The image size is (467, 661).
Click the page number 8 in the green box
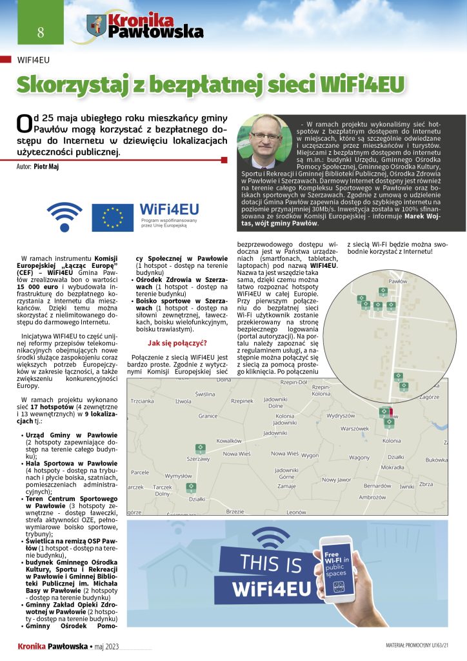click(x=23, y=32)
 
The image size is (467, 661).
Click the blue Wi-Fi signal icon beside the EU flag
click(x=66, y=216)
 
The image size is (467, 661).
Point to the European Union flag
click(x=112, y=218)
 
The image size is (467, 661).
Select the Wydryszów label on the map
click(x=341, y=416)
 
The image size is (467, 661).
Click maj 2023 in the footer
click(x=108, y=646)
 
